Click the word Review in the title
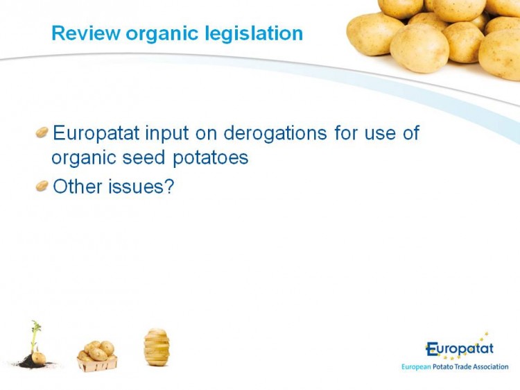point(86,33)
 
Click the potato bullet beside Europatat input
point(42,132)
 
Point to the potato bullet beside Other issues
point(42,185)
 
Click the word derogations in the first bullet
point(275,134)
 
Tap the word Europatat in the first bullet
point(96,133)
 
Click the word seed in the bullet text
point(144,157)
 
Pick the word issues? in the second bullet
point(141,186)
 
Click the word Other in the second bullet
point(78,186)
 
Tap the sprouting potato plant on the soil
point(35,345)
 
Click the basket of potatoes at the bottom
point(97,356)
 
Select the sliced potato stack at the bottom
point(157,347)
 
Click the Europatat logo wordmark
point(460,348)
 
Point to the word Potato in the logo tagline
point(444,367)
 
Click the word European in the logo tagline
point(416,367)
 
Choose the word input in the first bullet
point(167,134)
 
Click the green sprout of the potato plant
point(35,334)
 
